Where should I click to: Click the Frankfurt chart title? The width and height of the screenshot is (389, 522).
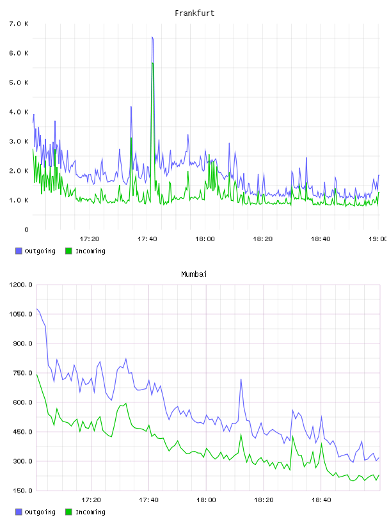(194, 13)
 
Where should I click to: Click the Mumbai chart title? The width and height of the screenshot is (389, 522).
(194, 274)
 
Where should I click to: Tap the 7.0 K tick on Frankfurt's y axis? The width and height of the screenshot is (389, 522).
(19, 24)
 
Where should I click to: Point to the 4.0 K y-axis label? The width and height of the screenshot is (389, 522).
(19, 112)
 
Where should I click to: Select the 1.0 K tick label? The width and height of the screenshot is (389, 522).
(19, 200)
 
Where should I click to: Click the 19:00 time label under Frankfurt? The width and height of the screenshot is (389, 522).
(377, 239)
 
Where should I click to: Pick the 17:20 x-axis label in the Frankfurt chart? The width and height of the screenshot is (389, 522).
(90, 239)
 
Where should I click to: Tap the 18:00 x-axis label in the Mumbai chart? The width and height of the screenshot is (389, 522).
(206, 500)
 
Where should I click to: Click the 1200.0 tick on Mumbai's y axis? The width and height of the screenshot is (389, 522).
(20, 285)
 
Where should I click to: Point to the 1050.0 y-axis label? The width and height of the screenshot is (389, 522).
(20, 314)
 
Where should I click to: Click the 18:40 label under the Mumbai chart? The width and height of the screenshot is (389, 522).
(321, 500)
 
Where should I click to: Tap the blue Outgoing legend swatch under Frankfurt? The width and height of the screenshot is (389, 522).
(19, 251)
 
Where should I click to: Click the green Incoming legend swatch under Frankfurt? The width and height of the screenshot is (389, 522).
(68, 251)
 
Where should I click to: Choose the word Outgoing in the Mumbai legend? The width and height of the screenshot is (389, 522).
(40, 512)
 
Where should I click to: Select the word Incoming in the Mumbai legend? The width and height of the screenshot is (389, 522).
(90, 512)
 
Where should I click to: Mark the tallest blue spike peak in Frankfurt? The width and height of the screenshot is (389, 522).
(152, 37)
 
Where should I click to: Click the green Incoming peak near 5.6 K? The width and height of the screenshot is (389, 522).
(152, 63)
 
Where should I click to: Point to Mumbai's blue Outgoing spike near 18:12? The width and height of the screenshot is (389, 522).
(241, 379)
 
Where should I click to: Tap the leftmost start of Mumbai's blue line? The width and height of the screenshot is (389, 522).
(36, 309)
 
